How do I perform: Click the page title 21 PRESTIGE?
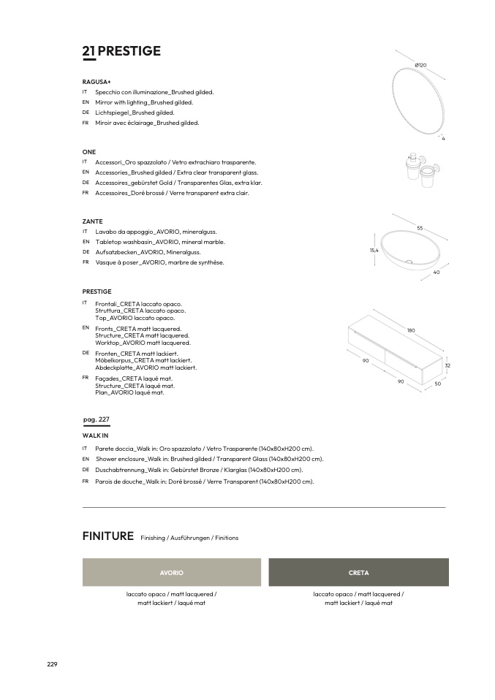pos(121,51)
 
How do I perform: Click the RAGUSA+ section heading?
pos(96,82)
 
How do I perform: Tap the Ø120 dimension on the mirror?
pos(420,66)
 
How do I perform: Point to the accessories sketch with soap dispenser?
pos(420,170)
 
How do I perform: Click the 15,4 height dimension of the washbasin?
pos(374,250)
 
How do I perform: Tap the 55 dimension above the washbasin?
pos(420,228)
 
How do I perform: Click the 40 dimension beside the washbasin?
pos(436,272)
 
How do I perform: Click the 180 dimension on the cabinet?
pos(411,330)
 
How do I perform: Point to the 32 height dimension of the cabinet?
pos(447,365)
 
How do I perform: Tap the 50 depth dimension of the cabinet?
pos(437,384)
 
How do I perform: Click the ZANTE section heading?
pos(92,221)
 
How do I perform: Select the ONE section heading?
pos(89,151)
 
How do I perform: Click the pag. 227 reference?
pos(97,419)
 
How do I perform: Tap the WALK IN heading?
pos(95,435)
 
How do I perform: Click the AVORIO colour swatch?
pos(171,572)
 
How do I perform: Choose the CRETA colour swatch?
pos(358,572)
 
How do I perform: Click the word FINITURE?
pos(108,536)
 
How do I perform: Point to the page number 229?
pos(52,664)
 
